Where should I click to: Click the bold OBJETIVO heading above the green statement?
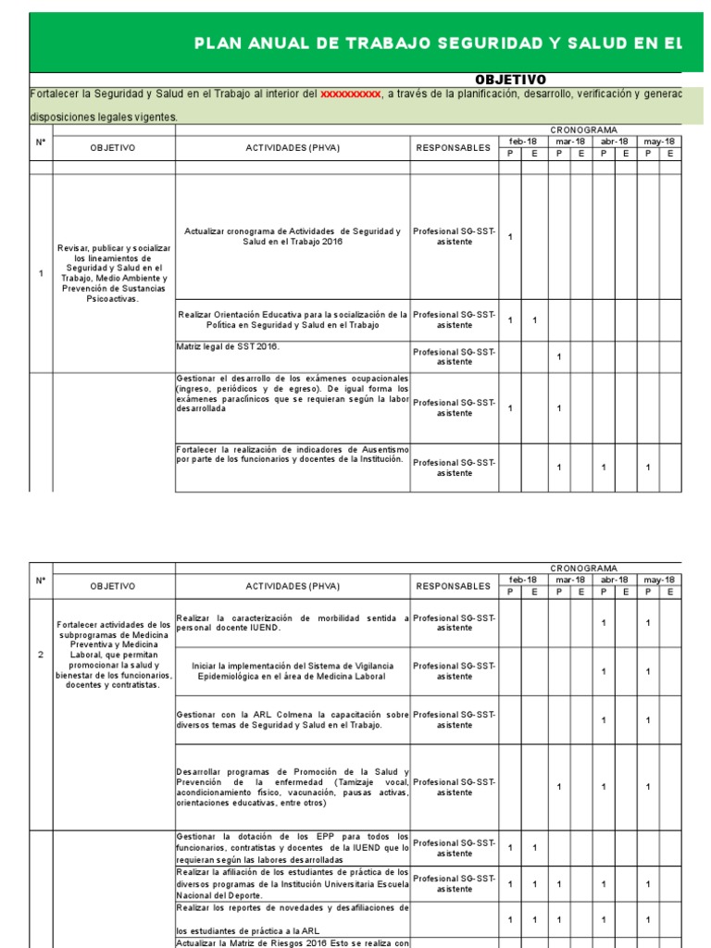(x=510, y=80)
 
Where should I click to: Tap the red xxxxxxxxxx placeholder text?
(x=351, y=94)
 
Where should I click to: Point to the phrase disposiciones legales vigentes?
(x=90, y=118)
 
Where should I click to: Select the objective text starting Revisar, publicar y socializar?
(x=114, y=273)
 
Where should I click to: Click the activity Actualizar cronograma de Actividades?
(x=293, y=236)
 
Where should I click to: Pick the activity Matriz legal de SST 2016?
(x=228, y=346)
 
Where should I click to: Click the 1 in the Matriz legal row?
(x=559, y=356)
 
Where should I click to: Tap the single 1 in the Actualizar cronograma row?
(x=510, y=237)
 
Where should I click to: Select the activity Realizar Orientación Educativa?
(x=293, y=320)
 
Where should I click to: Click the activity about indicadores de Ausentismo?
(x=293, y=454)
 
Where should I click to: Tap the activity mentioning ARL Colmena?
(x=293, y=719)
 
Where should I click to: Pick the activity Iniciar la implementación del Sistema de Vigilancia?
(x=293, y=671)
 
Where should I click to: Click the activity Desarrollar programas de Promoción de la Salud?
(x=293, y=787)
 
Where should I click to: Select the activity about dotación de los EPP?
(x=293, y=847)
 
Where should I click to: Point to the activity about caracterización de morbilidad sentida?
(x=293, y=622)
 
